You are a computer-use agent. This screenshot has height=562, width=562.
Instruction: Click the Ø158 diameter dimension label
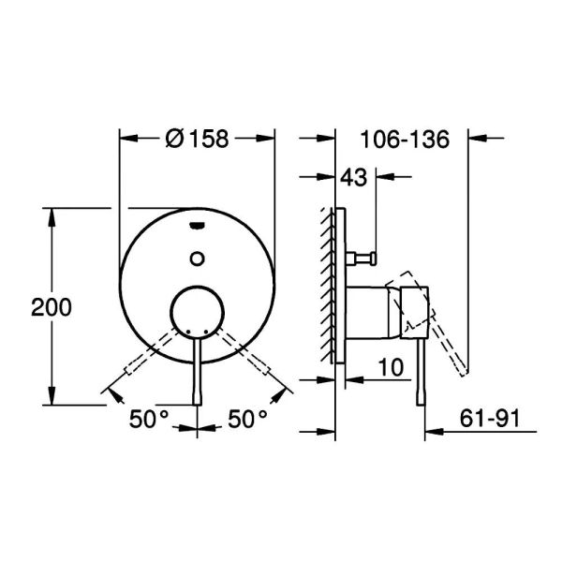click(x=197, y=139)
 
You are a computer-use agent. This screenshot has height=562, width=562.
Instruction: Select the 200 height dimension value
click(x=52, y=307)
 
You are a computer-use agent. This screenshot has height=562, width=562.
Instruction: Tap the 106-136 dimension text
click(x=405, y=139)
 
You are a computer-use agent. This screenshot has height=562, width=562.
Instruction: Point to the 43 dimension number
click(x=354, y=177)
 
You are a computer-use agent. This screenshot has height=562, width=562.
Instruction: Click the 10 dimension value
click(x=391, y=367)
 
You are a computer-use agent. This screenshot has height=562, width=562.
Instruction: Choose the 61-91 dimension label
click(x=490, y=419)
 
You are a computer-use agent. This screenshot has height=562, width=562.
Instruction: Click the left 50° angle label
click(x=149, y=419)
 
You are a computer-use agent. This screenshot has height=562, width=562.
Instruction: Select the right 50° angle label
click(x=247, y=419)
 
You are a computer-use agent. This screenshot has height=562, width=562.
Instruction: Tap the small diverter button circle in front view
click(x=197, y=259)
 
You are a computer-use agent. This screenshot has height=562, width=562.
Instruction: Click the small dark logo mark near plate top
click(x=197, y=226)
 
